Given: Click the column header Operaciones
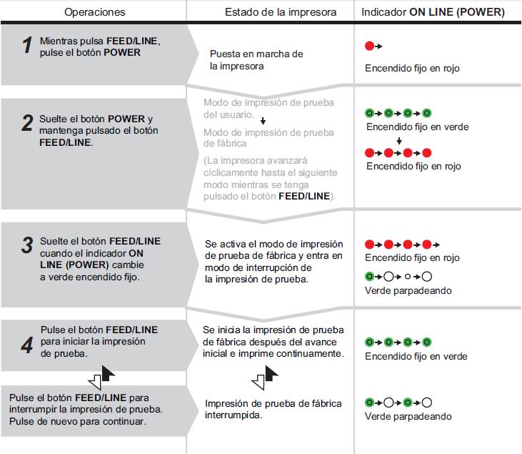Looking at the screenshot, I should [94, 12].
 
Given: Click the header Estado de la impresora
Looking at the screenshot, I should [271, 12].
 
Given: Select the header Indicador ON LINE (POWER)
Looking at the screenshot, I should [433, 12].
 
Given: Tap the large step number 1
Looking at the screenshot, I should [27, 46].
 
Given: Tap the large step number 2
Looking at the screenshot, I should [27, 124].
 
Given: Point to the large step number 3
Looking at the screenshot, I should [27, 247].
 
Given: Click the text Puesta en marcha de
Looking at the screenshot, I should [256, 54].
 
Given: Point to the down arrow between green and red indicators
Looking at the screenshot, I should [400, 140].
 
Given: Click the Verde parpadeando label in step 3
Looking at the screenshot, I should [408, 291].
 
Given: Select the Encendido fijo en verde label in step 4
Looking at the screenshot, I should [416, 356].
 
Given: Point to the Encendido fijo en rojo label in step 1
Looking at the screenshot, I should [412, 69].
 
